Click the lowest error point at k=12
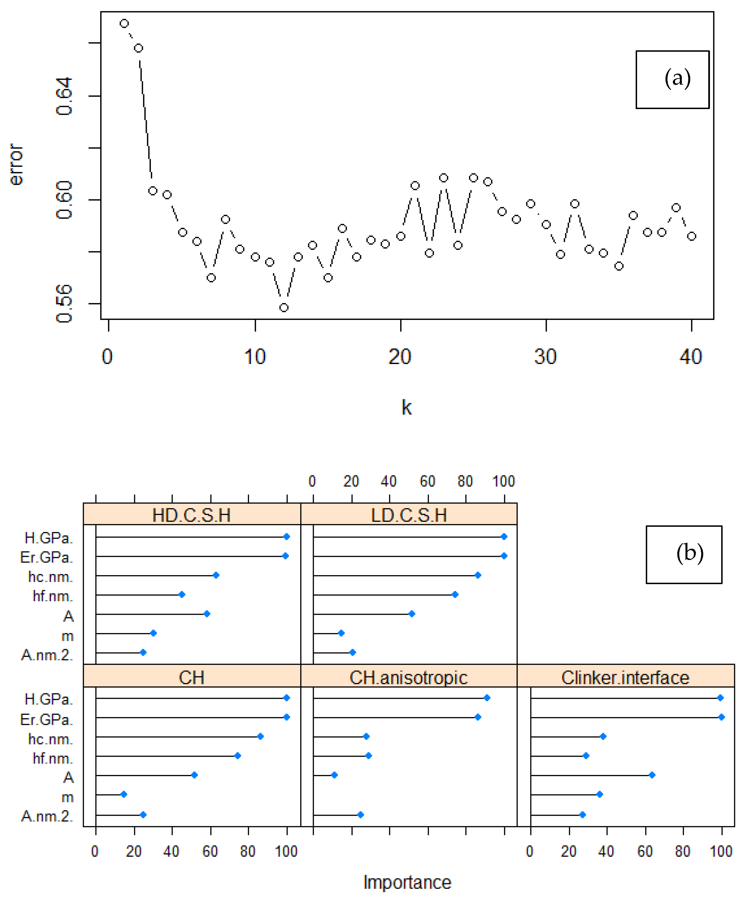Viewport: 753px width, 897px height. coord(283,308)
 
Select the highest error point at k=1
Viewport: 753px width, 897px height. coord(124,24)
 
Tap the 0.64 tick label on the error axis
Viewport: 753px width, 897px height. coord(64,96)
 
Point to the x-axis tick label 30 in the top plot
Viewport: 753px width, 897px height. coord(545,357)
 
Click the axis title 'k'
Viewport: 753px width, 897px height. coord(406,408)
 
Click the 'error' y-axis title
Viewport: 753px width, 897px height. coord(16,164)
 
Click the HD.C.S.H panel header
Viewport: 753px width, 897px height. coord(192,515)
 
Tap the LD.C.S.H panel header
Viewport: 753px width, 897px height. coord(409,515)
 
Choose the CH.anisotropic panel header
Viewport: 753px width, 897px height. coord(409,677)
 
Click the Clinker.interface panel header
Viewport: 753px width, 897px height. coord(625,677)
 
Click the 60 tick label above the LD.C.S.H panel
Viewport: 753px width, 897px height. coord(427,482)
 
